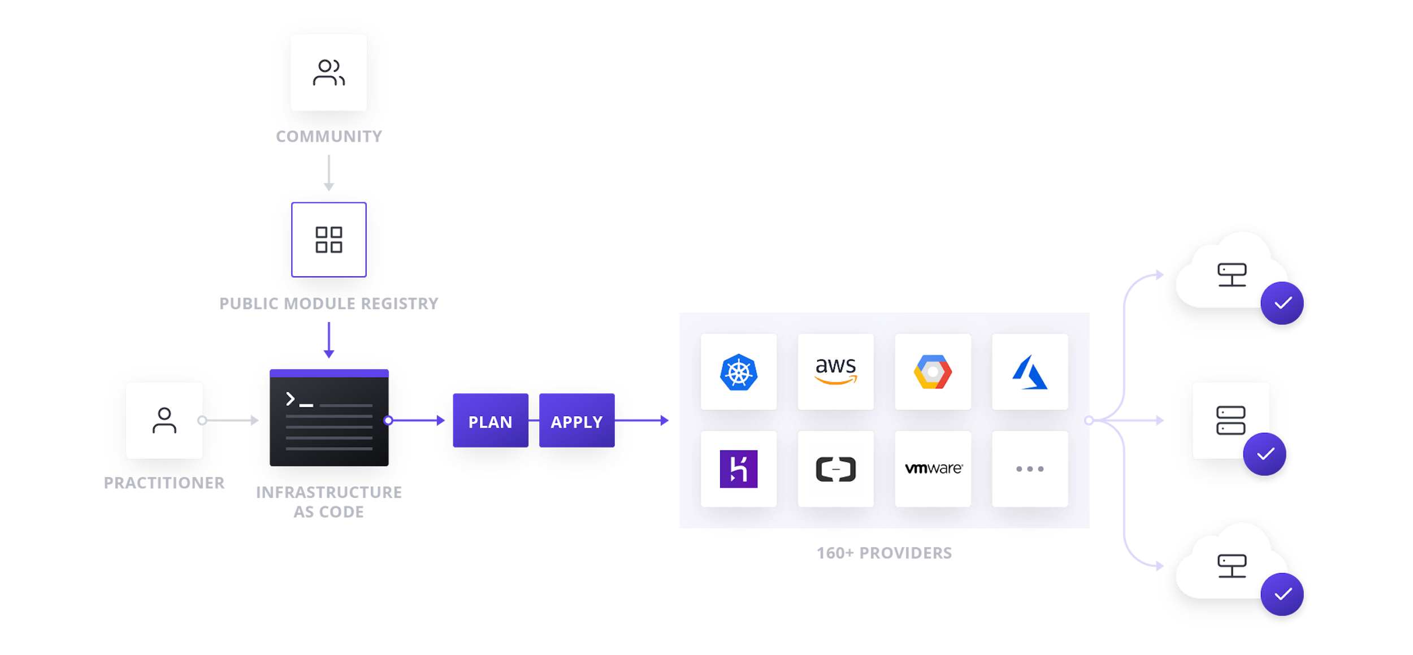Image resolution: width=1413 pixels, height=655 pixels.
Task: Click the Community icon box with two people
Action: pyautogui.click(x=329, y=72)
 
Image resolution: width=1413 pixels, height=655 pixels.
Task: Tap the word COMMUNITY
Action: pyautogui.click(x=329, y=136)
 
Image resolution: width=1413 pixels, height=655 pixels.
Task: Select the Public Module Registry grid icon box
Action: pyautogui.click(x=329, y=240)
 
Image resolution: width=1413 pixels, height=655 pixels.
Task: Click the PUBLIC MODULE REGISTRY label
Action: pyautogui.click(x=329, y=303)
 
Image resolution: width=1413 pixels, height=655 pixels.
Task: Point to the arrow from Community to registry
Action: pyautogui.click(x=329, y=172)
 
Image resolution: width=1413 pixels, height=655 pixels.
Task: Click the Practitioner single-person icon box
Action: pyautogui.click(x=164, y=420)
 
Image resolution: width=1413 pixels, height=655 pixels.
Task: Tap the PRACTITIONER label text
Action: pyautogui.click(x=164, y=483)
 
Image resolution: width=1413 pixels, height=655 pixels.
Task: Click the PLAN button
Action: pyautogui.click(x=490, y=421)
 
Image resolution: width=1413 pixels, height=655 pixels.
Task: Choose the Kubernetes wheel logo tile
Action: pyautogui.click(x=738, y=372)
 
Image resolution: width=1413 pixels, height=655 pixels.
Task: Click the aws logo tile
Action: pyautogui.click(x=835, y=372)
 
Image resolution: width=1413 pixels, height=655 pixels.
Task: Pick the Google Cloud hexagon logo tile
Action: pyautogui.click(x=933, y=372)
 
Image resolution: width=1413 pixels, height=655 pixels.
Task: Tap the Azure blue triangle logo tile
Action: pyautogui.click(x=1030, y=372)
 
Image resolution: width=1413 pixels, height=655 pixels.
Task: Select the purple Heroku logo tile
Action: pyautogui.click(x=738, y=469)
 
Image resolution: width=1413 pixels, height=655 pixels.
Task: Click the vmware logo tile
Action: pyautogui.click(x=933, y=469)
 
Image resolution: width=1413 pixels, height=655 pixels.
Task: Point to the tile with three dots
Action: pyautogui.click(x=1030, y=469)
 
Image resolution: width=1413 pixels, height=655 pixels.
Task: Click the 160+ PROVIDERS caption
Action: pyautogui.click(x=884, y=553)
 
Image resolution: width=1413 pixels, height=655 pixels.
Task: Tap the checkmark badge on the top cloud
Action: pyautogui.click(x=1282, y=303)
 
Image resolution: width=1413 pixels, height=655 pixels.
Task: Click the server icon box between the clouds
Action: pyautogui.click(x=1230, y=420)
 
